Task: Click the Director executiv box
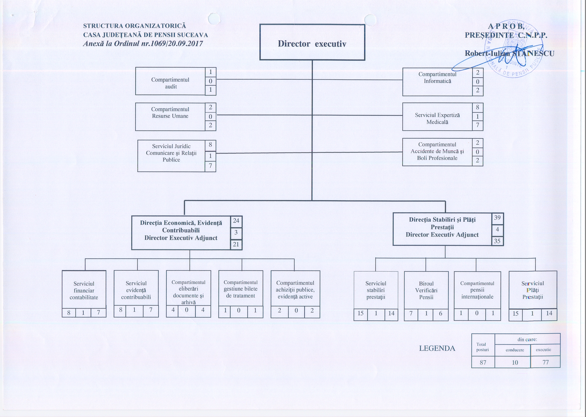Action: coord(312,43)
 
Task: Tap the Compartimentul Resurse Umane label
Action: coord(170,113)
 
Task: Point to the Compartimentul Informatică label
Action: coord(437,77)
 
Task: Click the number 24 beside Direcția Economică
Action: coord(236,221)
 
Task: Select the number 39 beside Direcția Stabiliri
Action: coord(497,218)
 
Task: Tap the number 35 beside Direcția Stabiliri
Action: coord(497,241)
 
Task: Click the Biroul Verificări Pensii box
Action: coord(426,290)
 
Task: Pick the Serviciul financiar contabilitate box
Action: coord(84,290)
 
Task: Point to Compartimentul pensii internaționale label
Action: coord(477,290)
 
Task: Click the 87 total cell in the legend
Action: coord(483,362)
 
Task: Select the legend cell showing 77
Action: coord(545,362)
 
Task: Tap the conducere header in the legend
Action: coord(515,350)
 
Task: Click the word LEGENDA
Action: coord(437,348)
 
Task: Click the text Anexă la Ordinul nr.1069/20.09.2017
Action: coord(143,44)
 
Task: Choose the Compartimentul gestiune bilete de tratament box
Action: coord(240,289)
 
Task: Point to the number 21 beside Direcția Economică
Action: coord(236,244)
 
